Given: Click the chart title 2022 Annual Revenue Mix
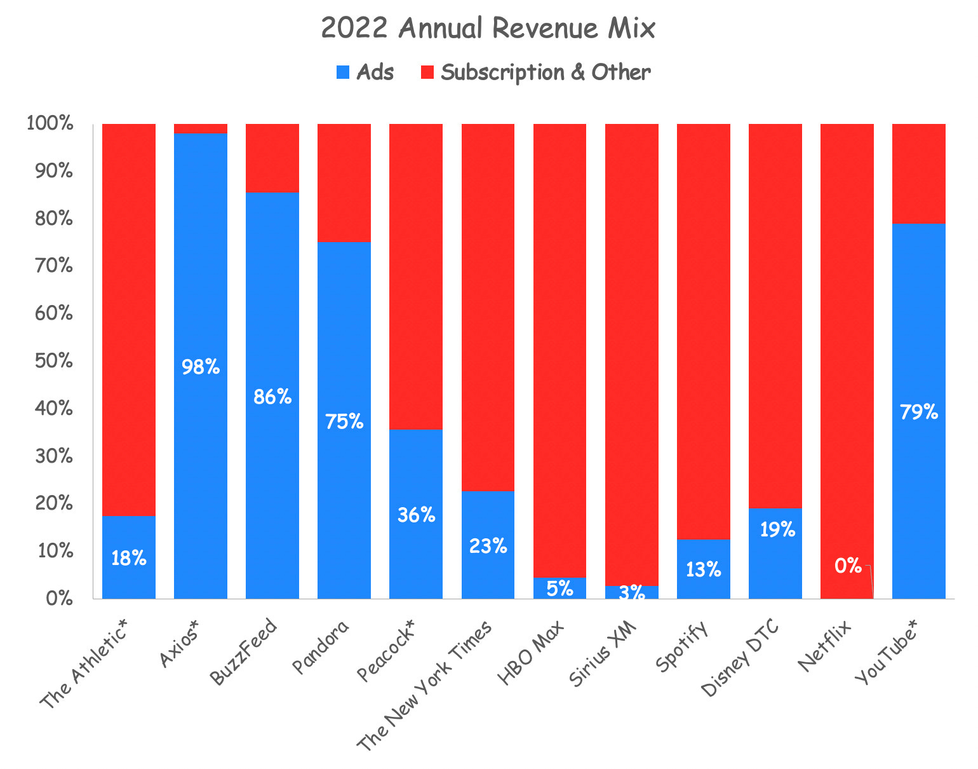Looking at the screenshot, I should [488, 29].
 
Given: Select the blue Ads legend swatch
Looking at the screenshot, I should [342, 72].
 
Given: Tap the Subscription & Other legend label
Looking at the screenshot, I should [546, 72].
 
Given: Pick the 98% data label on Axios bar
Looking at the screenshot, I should [200, 367].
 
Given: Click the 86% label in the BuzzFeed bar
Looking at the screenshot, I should [272, 397].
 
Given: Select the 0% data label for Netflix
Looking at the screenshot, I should [847, 566].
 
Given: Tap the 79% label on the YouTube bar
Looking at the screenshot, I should [918, 412].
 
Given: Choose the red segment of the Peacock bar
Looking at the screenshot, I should [415, 273].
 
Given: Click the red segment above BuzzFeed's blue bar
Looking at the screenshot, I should [272, 158].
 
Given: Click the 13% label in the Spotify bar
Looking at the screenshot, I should [703, 569].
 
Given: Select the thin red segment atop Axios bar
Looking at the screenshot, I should [200, 128].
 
